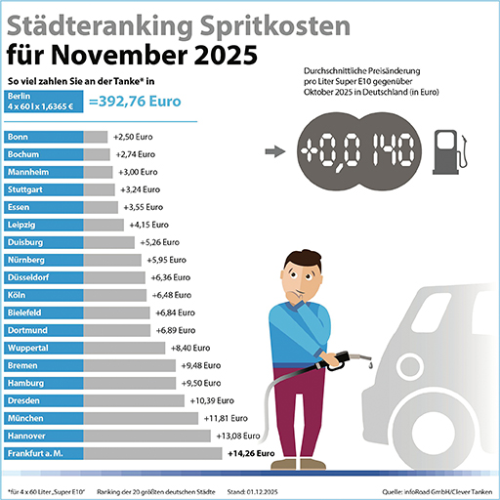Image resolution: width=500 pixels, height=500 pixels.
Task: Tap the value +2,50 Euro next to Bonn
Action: (134, 138)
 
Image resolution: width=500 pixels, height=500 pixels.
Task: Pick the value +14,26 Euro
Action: (251, 453)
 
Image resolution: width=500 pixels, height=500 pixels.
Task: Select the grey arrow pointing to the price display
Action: (277, 153)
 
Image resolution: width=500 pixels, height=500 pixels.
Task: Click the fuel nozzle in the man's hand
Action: (342, 358)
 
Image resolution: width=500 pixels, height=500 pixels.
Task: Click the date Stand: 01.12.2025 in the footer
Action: (249, 490)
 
